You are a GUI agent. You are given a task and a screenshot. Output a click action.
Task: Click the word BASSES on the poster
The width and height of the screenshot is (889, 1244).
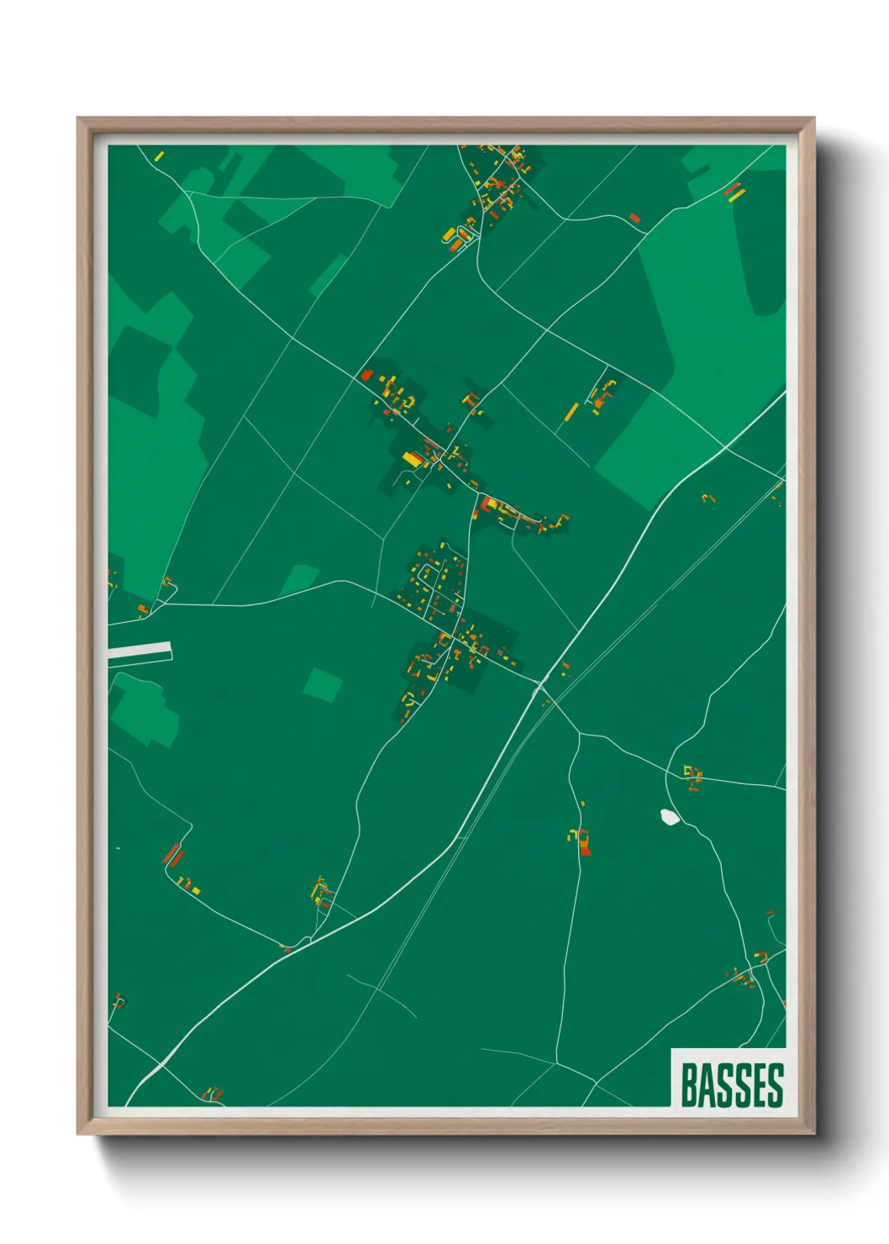(731, 1085)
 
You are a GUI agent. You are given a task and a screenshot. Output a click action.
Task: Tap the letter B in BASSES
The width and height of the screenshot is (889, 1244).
(688, 1085)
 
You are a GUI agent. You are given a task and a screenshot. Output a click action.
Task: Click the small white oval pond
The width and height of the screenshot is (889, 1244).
(670, 816)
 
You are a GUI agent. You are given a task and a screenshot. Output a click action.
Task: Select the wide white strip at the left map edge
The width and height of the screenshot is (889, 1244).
(139, 651)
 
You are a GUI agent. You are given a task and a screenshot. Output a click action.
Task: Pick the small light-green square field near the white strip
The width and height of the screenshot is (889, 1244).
(323, 684)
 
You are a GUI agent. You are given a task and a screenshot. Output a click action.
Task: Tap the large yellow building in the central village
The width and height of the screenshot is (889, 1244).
(413, 459)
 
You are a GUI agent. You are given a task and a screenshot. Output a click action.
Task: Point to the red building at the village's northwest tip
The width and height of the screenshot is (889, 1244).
(366, 375)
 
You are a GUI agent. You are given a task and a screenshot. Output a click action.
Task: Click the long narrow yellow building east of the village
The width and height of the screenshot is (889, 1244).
(571, 412)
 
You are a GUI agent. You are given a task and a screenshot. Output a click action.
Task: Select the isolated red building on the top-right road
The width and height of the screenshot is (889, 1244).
(634, 219)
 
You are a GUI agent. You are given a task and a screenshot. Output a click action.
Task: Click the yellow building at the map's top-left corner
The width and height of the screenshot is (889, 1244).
(159, 155)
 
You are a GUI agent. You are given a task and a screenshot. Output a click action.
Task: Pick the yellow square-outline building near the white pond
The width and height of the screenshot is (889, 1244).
(692, 772)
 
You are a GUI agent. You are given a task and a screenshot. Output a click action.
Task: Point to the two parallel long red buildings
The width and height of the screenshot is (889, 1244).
(173, 856)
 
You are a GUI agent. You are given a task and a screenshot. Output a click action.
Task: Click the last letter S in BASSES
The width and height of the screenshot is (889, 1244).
(774, 1085)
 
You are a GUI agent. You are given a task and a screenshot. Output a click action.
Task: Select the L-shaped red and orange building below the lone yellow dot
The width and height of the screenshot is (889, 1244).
(584, 843)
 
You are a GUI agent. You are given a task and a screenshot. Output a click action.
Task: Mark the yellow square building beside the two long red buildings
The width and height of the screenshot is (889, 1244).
(196, 889)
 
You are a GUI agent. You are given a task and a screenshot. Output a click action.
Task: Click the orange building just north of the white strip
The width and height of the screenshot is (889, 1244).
(143, 608)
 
